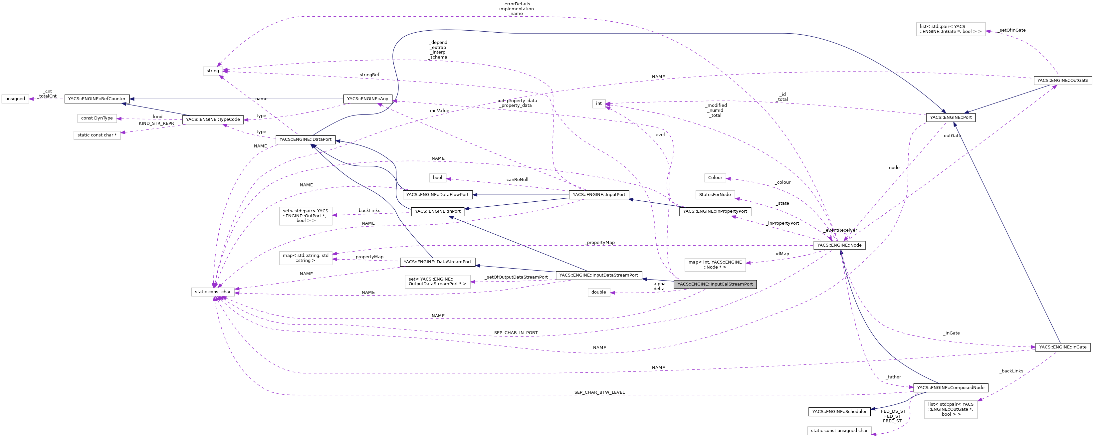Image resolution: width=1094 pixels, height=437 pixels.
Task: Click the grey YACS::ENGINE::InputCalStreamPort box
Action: [715, 284]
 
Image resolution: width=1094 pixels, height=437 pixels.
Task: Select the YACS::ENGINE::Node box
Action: [839, 245]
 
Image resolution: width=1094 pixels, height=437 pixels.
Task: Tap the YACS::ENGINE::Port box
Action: [951, 117]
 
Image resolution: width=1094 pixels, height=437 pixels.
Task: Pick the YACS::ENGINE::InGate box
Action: [1063, 347]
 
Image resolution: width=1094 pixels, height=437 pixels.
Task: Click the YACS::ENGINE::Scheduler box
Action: [839, 411]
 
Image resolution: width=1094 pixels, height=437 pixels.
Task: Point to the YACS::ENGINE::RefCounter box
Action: [97, 99]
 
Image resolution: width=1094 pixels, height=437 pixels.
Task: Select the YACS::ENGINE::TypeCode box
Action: [213, 119]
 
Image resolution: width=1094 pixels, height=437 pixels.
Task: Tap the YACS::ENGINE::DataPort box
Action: [305, 139]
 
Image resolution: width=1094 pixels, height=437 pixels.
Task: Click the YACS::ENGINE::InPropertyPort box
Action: [715, 211]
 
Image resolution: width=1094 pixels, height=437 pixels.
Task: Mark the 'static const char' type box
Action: [213, 292]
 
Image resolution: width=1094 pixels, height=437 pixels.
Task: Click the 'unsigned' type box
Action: [15, 99]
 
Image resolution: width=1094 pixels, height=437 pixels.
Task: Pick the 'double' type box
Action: [598, 292]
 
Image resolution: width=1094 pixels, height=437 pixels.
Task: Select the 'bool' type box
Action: [437, 177]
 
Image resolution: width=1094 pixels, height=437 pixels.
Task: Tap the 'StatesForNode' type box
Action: [715, 194]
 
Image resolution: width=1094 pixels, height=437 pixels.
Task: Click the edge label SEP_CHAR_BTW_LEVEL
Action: [599, 392]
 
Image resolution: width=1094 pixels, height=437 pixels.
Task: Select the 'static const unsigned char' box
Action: [839, 431]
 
